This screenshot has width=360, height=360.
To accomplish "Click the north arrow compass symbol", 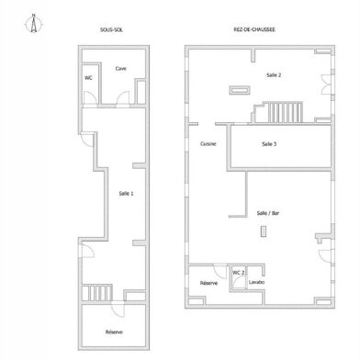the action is click(34, 23).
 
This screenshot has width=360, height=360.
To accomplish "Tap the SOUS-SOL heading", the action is click(111, 29).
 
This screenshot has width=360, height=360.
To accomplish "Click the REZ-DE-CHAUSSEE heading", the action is click(254, 29).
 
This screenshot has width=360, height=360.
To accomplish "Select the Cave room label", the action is click(120, 69).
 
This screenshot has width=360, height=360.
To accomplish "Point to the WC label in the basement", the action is click(88, 78).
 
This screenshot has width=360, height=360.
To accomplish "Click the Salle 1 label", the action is click(126, 194).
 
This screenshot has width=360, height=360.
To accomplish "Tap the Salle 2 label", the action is click(274, 75).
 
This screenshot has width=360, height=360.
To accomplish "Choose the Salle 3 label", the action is click(269, 144).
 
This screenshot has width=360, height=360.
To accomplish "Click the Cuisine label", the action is click(208, 144).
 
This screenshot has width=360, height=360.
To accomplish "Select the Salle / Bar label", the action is click(268, 213).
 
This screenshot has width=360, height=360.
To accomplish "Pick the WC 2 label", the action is click(239, 273).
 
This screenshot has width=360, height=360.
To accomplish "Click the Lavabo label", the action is click(256, 282).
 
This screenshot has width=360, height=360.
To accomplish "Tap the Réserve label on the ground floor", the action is click(208, 283).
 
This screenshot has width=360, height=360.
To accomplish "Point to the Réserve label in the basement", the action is click(114, 332).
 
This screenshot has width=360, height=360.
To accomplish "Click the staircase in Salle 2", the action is click(285, 112).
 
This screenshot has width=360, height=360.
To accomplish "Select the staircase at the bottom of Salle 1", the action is click(96, 293).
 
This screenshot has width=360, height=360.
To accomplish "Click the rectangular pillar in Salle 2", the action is click(240, 90).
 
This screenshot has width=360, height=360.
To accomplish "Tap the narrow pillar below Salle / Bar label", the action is click(264, 231).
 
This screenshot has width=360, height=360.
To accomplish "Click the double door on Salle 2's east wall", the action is click(326, 84).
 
